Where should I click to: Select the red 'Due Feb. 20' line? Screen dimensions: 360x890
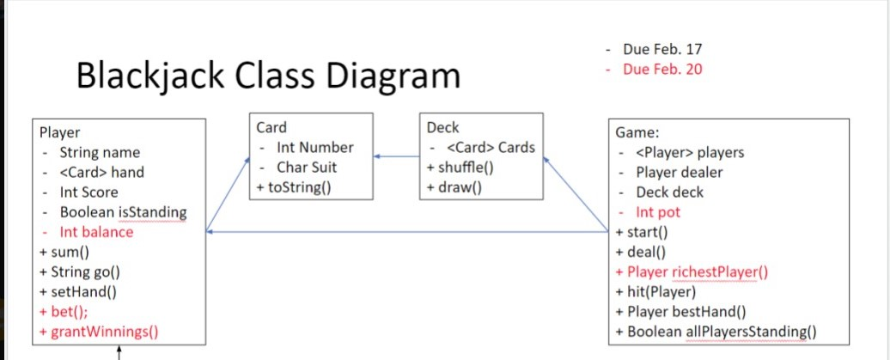tap(662, 69)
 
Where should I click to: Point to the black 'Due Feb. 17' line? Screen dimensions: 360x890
tap(662, 49)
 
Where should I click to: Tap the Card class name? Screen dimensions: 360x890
tap(271, 127)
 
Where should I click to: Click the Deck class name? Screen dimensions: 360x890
tap(442, 127)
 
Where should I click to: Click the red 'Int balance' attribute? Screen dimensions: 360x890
tap(96, 232)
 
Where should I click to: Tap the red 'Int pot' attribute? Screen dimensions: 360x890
tap(658, 211)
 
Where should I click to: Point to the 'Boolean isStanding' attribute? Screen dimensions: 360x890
tap(123, 212)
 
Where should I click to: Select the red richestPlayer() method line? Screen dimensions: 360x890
tap(692, 272)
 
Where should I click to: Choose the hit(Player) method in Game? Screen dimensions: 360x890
tap(660, 292)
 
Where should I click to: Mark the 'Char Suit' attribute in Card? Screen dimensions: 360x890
tap(307, 167)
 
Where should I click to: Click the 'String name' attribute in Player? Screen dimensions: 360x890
tap(100, 153)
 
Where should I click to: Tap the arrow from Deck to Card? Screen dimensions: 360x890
tap(396, 156)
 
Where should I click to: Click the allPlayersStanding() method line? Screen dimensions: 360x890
tap(715, 332)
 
